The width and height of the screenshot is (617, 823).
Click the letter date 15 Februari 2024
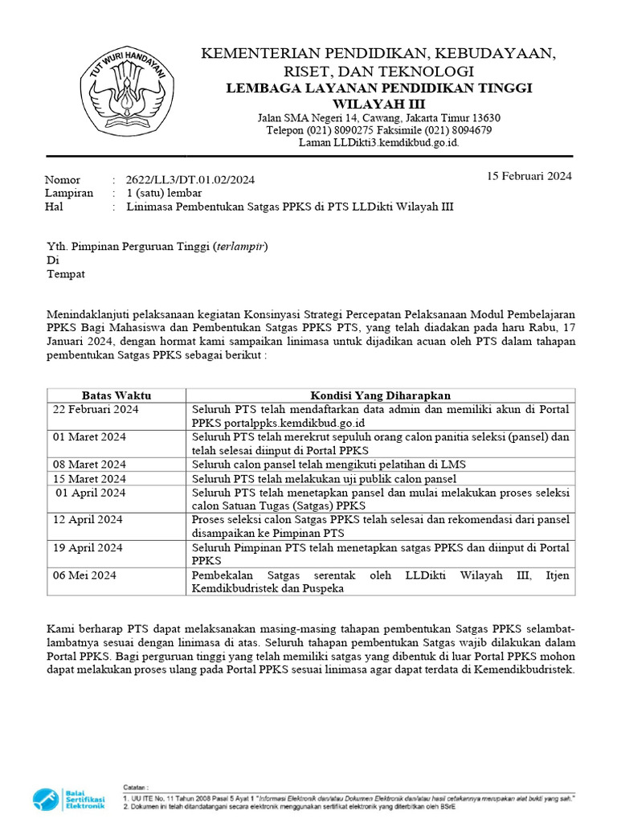pyautogui.click(x=529, y=176)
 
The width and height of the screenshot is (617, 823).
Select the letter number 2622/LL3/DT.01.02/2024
pyautogui.click(x=191, y=180)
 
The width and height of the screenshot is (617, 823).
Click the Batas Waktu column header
pyautogui.click(x=116, y=395)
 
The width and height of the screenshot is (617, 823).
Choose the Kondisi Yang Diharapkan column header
pyautogui.click(x=381, y=395)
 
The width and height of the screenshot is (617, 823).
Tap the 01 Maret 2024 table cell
pyautogui.click(x=90, y=437)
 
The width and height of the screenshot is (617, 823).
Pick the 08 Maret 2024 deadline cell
pyautogui.click(x=90, y=465)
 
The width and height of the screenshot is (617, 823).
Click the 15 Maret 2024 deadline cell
pyautogui.click(x=90, y=478)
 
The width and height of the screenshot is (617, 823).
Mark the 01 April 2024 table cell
pyautogui.click(x=92, y=492)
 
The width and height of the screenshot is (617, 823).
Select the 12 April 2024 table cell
pyautogui.click(x=88, y=520)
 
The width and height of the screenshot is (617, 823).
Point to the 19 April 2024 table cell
pyautogui.click(x=88, y=547)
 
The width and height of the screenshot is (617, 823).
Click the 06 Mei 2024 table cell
pyautogui.click(x=85, y=575)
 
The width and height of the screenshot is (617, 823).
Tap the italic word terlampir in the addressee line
pyautogui.click(x=239, y=247)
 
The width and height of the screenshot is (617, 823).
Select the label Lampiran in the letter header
pyautogui.click(x=68, y=193)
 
